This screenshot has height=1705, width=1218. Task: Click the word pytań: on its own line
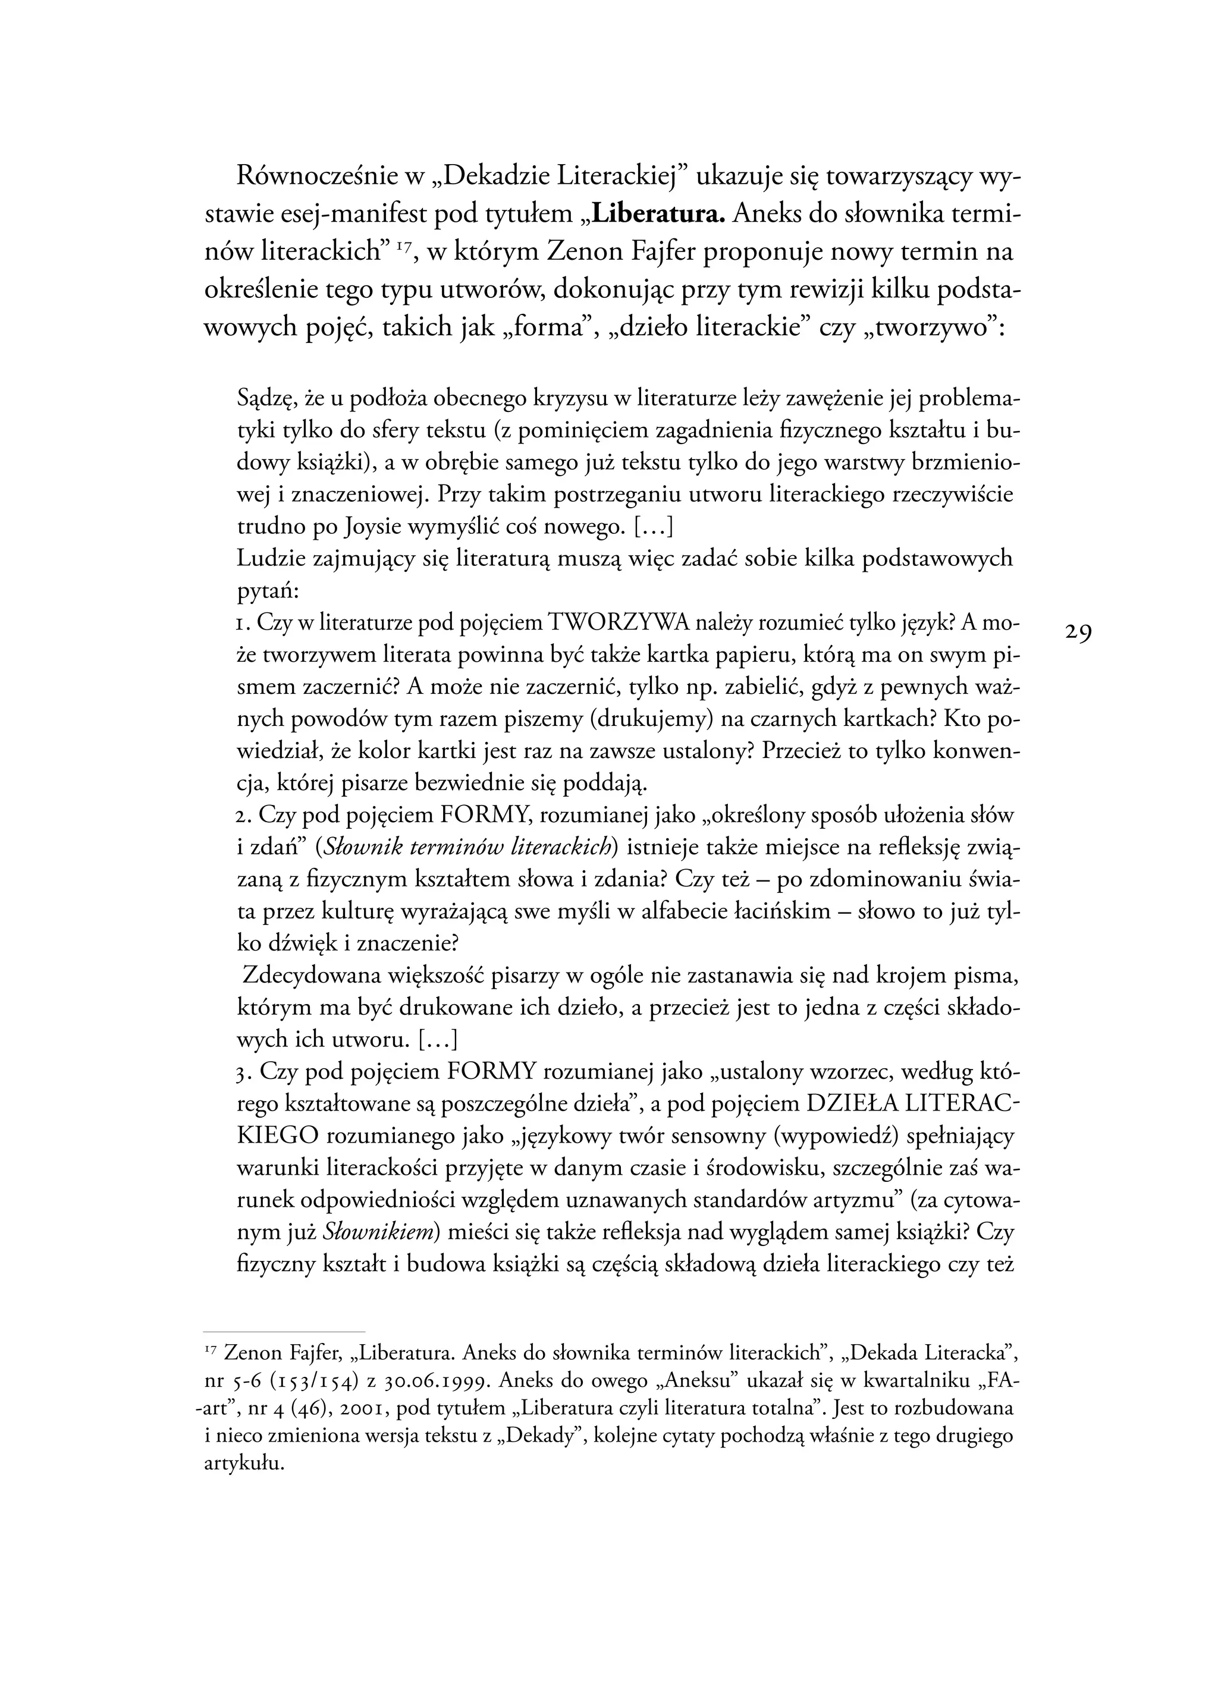tap(268, 591)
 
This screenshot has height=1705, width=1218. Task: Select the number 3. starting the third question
tap(243, 1072)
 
